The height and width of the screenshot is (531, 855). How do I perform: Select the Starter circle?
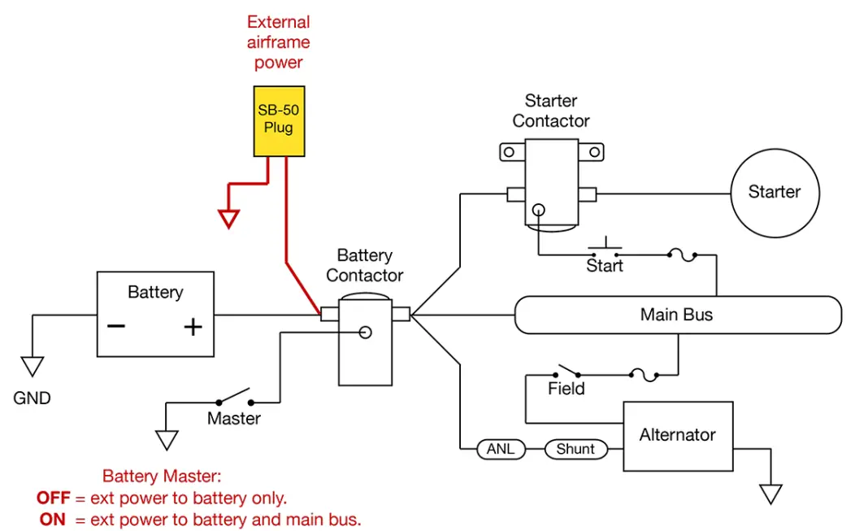pyautogui.click(x=775, y=193)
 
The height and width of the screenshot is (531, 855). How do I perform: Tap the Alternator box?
pyautogui.click(x=677, y=436)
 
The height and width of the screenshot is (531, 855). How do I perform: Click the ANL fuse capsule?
pyautogui.click(x=500, y=449)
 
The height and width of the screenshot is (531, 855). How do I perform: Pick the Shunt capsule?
pyautogui.click(x=575, y=449)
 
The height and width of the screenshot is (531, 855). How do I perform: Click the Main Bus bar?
pyautogui.click(x=677, y=315)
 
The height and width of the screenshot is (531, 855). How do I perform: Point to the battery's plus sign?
pyautogui.click(x=192, y=327)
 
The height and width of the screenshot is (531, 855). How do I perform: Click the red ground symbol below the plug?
pyautogui.click(x=229, y=218)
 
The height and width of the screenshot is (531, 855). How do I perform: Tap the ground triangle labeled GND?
pyautogui.click(x=33, y=367)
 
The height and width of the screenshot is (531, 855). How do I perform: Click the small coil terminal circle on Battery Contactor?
pyautogui.click(x=366, y=332)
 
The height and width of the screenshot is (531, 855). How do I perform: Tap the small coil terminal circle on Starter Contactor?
pyautogui.click(x=537, y=210)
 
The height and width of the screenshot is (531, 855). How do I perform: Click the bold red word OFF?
pyautogui.click(x=53, y=498)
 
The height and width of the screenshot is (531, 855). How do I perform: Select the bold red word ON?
pyautogui.click(x=52, y=519)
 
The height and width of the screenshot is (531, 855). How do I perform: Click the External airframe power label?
pyautogui.click(x=279, y=42)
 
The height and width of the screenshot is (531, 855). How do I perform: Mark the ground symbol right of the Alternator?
pyautogui.click(x=770, y=494)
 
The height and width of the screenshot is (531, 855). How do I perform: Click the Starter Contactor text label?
pyautogui.click(x=551, y=111)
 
